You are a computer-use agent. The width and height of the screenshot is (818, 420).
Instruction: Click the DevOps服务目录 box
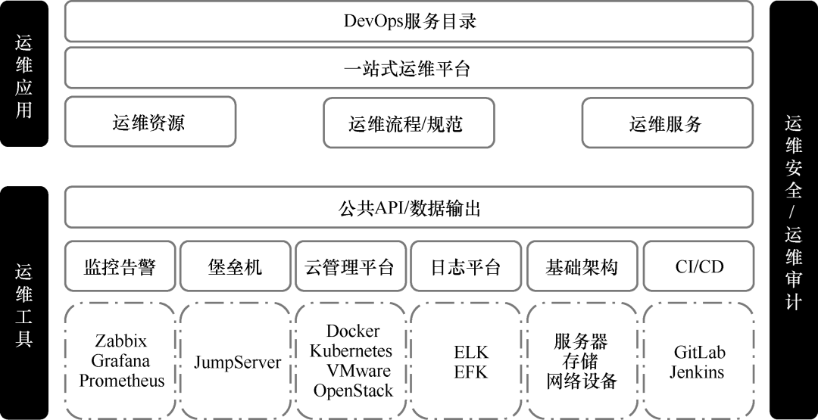pyautogui.click(x=409, y=21)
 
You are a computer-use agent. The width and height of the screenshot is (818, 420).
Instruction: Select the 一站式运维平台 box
pyautogui.click(x=409, y=68)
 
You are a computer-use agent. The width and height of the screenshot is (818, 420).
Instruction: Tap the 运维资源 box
pyautogui.click(x=150, y=123)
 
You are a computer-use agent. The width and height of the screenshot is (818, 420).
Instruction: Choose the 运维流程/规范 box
pyautogui.click(x=408, y=123)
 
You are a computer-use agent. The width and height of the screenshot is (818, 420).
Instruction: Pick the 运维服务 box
pyautogui.click(x=667, y=123)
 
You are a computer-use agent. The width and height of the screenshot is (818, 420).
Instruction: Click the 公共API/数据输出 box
pyautogui.click(x=409, y=207)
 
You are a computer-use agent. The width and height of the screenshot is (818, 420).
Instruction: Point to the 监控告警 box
pyautogui.click(x=120, y=266)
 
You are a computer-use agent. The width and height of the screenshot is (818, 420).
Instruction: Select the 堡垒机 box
pyautogui.click(x=236, y=266)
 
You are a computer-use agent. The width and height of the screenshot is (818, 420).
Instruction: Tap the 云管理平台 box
pyautogui.click(x=351, y=266)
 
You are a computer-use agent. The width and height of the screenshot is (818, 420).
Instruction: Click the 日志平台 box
pyautogui.click(x=466, y=266)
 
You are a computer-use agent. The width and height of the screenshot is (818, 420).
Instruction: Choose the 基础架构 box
pyautogui.click(x=582, y=266)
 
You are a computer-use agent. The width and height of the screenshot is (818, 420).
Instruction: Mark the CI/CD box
pyautogui.click(x=698, y=266)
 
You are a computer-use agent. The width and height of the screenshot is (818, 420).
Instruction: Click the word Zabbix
pyautogui.click(x=121, y=341)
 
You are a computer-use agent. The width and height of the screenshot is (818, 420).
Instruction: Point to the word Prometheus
pyautogui.click(x=121, y=380)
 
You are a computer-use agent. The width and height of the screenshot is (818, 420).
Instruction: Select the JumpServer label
pyautogui.click(x=237, y=362)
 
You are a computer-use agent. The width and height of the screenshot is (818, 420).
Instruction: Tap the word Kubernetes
pyautogui.click(x=351, y=351)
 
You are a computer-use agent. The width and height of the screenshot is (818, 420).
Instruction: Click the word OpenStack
pyautogui.click(x=353, y=390)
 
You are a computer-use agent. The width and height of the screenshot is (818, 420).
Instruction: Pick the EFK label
pyautogui.click(x=471, y=372)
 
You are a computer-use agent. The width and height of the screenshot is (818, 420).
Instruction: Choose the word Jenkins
pyautogui.click(x=697, y=372)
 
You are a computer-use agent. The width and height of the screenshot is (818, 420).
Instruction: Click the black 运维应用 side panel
pyautogui.click(x=24, y=74)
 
